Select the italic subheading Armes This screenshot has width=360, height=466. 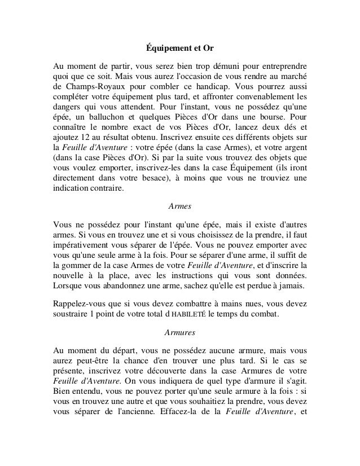[180, 206]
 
